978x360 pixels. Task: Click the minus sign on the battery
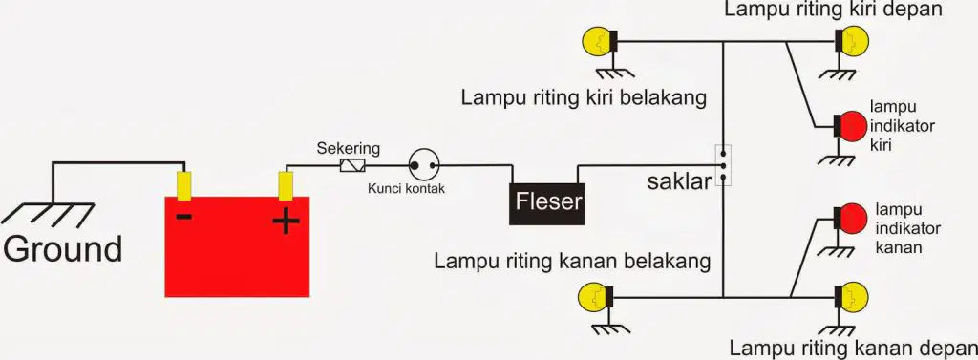point(184,217)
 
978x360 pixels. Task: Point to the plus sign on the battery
point(287,221)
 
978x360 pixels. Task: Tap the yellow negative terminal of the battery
point(184,185)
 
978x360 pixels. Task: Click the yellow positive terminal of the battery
point(286,186)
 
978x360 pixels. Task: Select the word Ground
point(62,249)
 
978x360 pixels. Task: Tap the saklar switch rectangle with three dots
point(723,165)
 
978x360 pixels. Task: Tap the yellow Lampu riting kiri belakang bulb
point(599,41)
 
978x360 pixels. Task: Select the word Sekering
point(348,149)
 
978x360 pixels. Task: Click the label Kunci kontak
point(407,188)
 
